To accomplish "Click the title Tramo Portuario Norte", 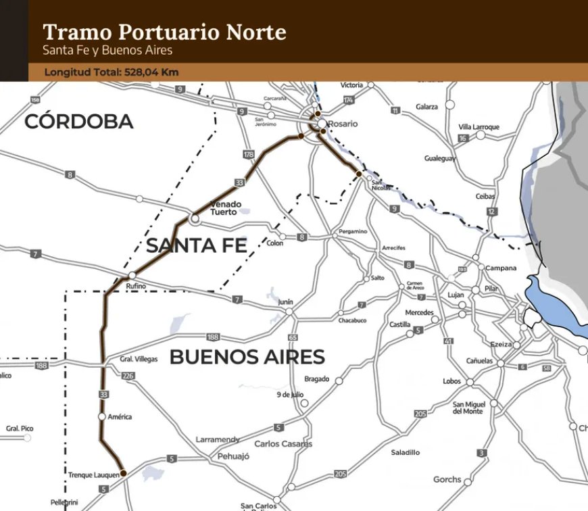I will click(x=164, y=32).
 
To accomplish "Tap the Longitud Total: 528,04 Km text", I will click(x=112, y=72).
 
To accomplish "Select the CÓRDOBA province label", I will click(x=79, y=122).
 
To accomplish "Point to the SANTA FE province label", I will click(x=197, y=246).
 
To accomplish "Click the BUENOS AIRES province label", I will click(x=247, y=357).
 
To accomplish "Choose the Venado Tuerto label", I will click(x=224, y=208).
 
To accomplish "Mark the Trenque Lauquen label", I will click(x=93, y=475).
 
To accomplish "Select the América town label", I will click(x=120, y=416).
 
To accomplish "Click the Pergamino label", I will click(x=353, y=231).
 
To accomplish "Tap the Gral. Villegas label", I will click(x=139, y=360).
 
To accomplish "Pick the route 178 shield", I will click(x=248, y=155).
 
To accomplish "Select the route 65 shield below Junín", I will click(x=293, y=337).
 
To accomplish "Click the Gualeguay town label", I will click(x=440, y=158).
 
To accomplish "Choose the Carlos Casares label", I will click(x=283, y=444).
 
